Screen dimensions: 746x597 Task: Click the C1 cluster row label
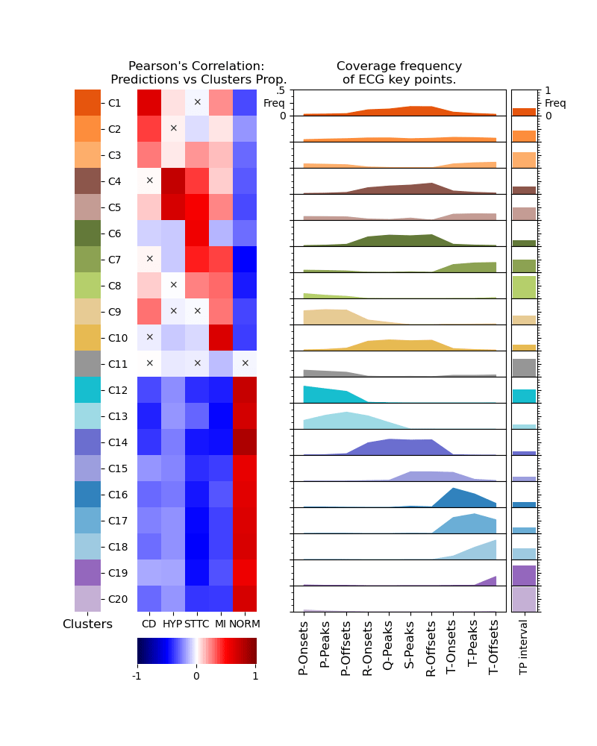[114, 103]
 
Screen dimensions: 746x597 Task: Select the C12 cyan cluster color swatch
[87, 390]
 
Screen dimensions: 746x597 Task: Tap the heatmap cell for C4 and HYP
[173, 181]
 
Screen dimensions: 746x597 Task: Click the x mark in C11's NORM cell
[245, 363]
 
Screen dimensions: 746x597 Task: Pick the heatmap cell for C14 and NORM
[245, 442]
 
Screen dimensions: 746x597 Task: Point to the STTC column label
[197, 624]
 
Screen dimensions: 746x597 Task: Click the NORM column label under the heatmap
[244, 624]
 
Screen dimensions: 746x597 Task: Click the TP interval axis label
[523, 648]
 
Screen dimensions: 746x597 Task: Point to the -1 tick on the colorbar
[137, 676]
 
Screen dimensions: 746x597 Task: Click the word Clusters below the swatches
[87, 624]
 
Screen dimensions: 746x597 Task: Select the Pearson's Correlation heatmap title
[198, 73]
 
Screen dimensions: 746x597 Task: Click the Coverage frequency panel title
[399, 73]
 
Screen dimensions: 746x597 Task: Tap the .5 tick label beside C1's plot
[281, 91]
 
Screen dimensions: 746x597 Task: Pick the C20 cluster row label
[116, 599]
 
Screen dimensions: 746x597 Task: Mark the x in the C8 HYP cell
[173, 285]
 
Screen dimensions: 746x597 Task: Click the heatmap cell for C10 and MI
[221, 338]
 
